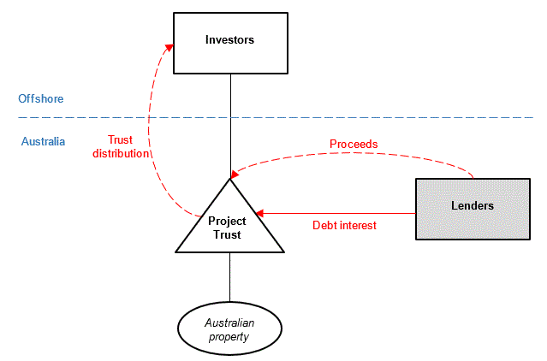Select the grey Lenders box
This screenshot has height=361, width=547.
point(472,209)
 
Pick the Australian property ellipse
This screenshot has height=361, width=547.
point(229,328)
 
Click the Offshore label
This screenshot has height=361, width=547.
point(40,98)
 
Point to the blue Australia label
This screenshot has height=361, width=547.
point(43,141)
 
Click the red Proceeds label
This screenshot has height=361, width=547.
point(354,144)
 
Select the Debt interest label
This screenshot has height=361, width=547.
point(343,226)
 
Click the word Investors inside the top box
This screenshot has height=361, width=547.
point(229,39)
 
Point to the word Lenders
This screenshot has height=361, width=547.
point(472,206)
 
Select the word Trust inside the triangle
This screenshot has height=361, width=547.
point(228,234)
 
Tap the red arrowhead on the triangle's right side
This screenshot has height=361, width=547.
point(259,213)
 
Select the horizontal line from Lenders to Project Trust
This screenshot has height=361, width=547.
point(342,213)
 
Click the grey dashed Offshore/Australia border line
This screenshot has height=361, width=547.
point(342,117)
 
